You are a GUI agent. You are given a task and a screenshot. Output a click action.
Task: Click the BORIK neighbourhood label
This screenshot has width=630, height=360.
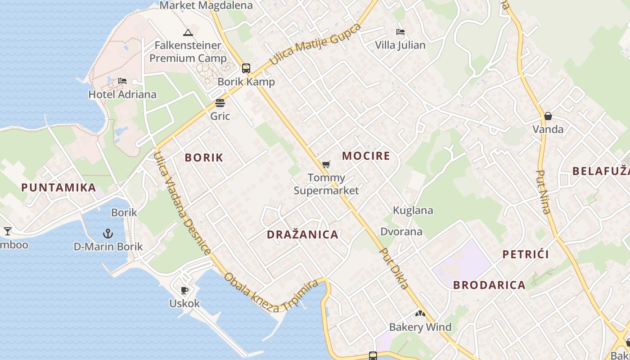pos(204,157)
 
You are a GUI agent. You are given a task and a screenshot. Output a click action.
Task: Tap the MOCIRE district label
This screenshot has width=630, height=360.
pos(366,156)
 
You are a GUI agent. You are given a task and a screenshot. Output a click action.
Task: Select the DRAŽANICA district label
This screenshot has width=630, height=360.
pos(302,234)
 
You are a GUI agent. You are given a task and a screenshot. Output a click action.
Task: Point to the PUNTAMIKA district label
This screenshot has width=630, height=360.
pos(58,188)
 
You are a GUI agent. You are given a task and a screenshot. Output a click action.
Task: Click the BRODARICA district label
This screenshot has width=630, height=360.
pos(489,285)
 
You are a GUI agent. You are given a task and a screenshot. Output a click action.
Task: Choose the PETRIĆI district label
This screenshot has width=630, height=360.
pos(525,254)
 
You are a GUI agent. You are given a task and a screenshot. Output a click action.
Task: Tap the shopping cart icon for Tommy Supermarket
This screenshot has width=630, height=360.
pos(326,165)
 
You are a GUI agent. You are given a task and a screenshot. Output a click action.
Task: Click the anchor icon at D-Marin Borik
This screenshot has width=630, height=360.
pos(108,233)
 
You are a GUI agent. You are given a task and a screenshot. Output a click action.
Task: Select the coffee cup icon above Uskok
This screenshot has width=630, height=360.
pos(184,290)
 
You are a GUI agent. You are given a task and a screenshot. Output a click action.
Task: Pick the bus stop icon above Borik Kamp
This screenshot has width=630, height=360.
pos(246,68)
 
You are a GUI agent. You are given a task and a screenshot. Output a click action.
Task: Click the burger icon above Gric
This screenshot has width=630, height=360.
pos(220,103)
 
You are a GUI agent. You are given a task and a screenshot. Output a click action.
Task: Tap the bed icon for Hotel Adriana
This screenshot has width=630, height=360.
pos(122,81)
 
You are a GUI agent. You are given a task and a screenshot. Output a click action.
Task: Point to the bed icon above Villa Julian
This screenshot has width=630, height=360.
pos(400,32)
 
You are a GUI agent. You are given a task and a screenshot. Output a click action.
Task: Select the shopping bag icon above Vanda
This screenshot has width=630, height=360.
pos(548,116)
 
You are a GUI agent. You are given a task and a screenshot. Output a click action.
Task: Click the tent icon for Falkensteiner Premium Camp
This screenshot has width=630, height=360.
pos(188,32)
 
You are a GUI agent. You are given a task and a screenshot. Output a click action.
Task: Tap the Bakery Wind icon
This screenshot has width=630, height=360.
pos(420,314)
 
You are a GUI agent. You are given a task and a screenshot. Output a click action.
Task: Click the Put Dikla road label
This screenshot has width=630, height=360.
pos(394,269)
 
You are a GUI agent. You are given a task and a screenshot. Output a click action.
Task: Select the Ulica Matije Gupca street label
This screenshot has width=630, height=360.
pos(315,44)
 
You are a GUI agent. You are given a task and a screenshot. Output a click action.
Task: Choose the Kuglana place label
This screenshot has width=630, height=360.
pos(413,210)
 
